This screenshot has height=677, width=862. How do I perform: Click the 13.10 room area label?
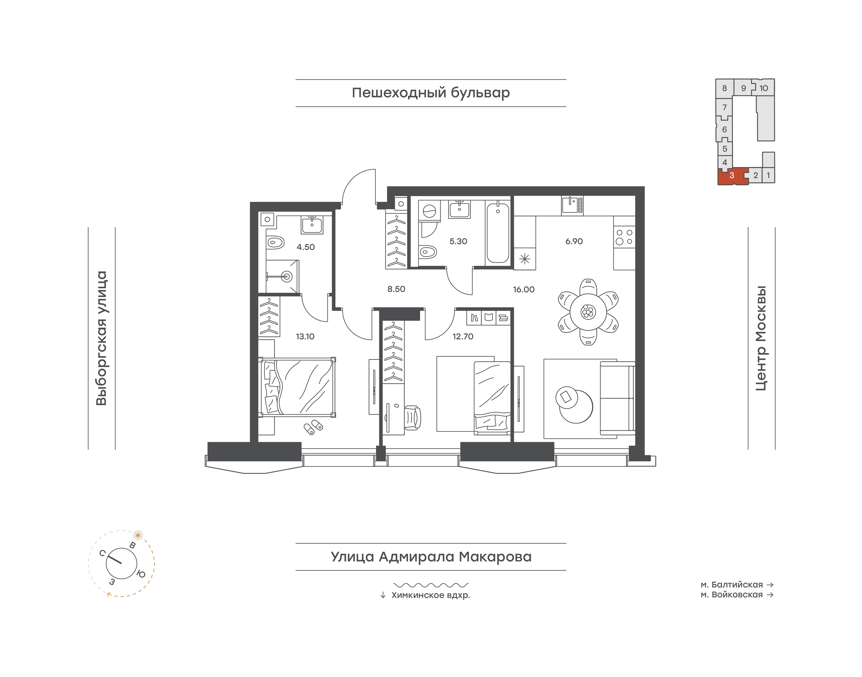(x=305, y=337)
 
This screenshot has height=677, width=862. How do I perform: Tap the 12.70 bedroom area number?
(x=463, y=337)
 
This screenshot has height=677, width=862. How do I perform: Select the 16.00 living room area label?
(x=524, y=289)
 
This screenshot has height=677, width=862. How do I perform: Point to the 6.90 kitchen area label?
(x=574, y=241)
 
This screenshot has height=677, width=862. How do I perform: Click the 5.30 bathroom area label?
(x=458, y=241)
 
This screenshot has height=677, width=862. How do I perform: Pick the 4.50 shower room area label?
(x=305, y=247)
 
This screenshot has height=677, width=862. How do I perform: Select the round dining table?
(x=588, y=312)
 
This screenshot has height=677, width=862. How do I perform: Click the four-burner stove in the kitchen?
(x=624, y=237)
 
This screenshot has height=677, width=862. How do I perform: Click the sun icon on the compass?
(x=138, y=535)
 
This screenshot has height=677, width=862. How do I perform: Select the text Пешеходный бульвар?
(x=431, y=93)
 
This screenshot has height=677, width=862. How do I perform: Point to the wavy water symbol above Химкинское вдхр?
(x=431, y=585)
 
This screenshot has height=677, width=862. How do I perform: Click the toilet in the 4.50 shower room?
(x=275, y=242)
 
